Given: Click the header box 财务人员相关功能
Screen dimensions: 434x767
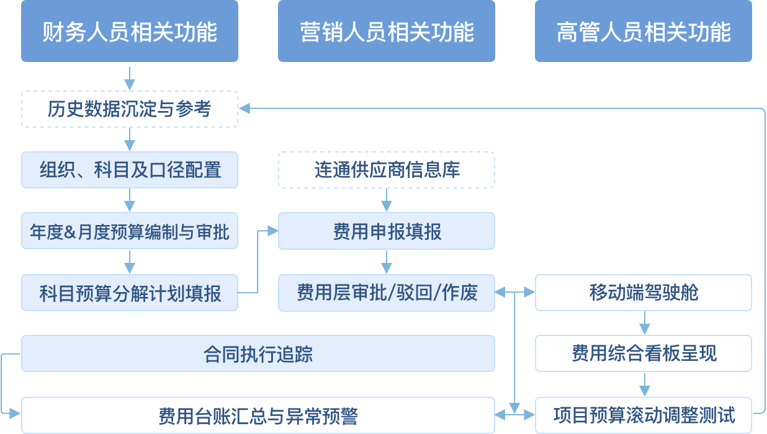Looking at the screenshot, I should [130, 31].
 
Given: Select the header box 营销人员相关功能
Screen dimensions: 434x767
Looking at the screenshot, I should [387, 31].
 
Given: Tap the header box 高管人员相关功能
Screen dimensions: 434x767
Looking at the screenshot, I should [644, 31].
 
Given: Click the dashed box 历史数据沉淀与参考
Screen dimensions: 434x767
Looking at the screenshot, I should [130, 109].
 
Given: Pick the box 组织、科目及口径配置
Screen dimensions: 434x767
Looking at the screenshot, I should [130, 170].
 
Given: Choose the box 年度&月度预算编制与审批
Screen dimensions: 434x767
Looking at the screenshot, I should [130, 231].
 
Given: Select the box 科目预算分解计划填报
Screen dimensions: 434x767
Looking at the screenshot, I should [130, 293].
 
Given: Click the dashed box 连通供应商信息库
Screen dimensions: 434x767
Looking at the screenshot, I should [387, 170].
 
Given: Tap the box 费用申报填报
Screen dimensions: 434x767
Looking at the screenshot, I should [387, 231].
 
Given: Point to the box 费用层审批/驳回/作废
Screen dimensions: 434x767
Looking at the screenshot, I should [387, 293].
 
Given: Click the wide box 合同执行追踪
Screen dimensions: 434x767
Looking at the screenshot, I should [258, 353].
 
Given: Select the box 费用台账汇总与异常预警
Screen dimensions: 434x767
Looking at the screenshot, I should [258, 415].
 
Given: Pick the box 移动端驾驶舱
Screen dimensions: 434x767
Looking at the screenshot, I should [644, 293].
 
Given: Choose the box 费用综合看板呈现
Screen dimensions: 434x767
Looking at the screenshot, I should [644, 353].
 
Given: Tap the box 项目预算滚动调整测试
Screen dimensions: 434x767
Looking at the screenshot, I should [644, 415].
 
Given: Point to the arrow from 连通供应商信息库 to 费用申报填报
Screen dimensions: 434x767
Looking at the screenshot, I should [387, 200].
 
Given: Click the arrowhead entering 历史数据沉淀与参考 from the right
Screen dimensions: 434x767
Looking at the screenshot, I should [244, 109].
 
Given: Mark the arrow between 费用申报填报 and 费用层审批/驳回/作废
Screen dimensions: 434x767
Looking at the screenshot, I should [387, 262].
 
